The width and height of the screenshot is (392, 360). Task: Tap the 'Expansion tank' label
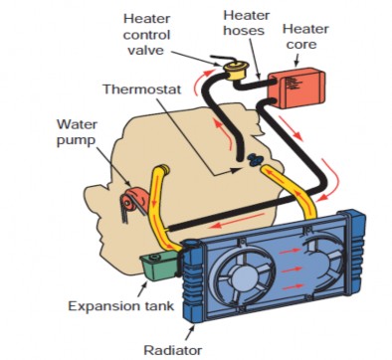(116, 304)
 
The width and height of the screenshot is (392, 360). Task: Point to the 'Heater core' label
(304, 38)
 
